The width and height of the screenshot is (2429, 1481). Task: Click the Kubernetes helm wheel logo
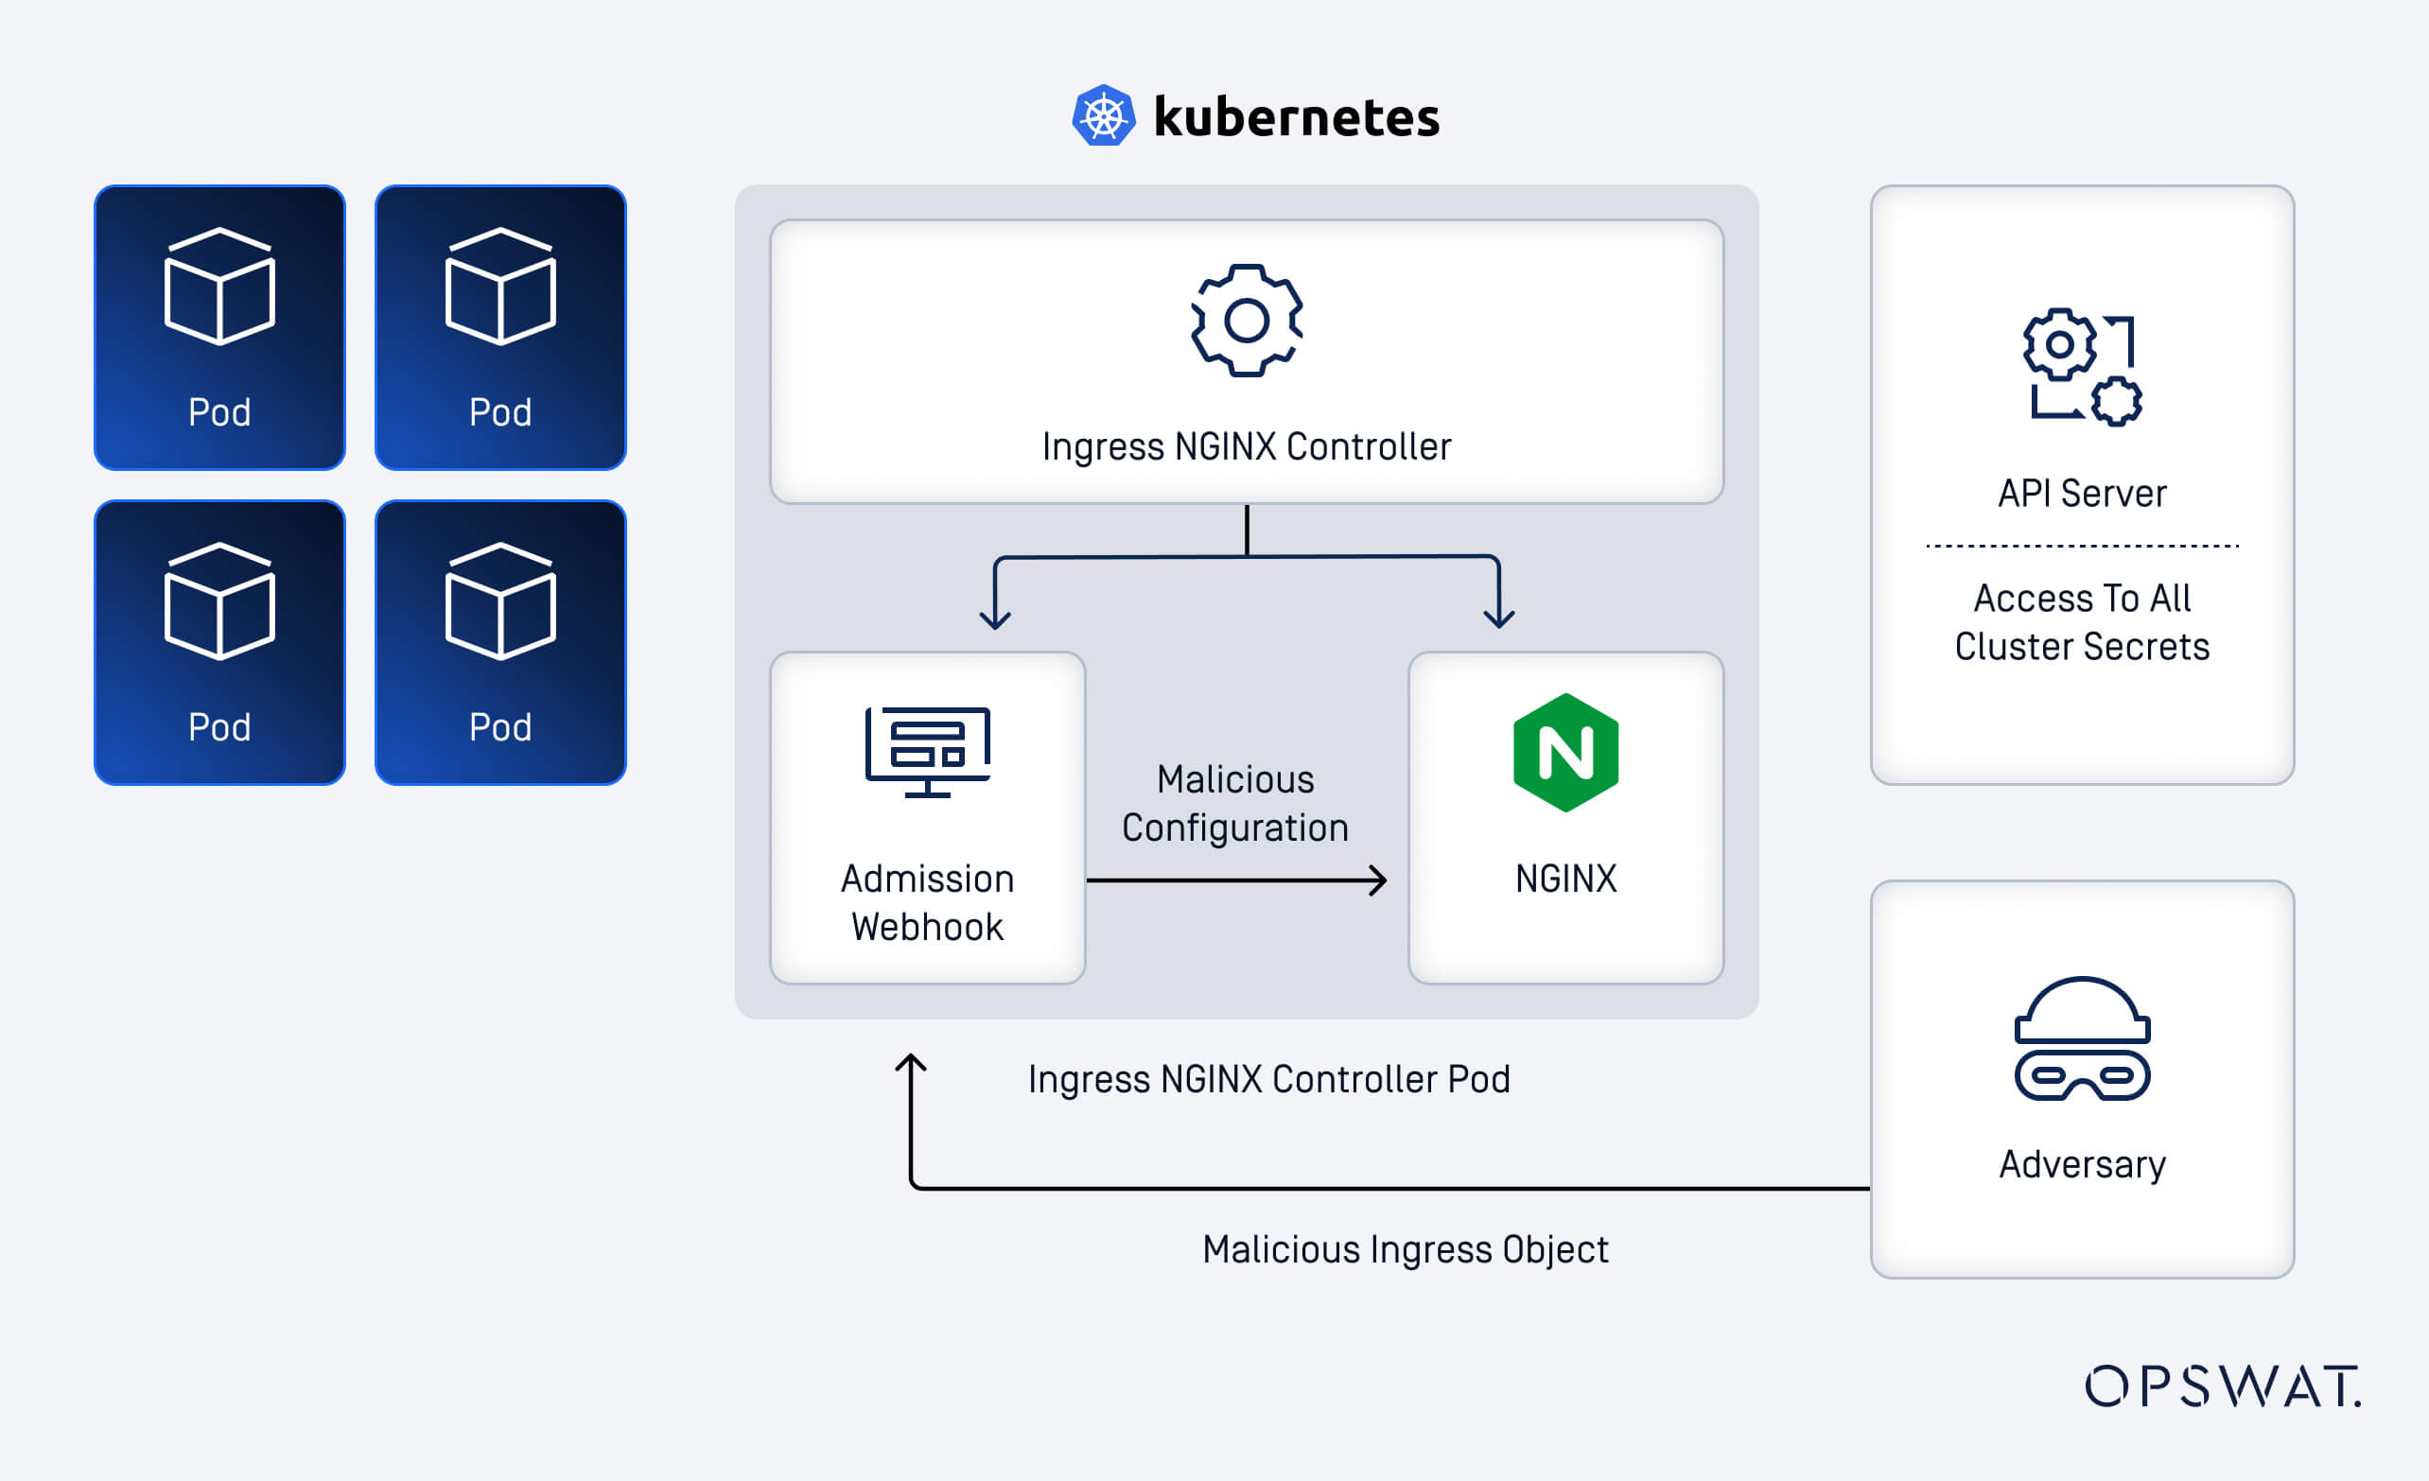(1103, 116)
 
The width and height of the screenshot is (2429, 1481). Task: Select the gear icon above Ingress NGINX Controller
(1246, 321)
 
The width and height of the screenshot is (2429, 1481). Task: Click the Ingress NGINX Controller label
(1246, 446)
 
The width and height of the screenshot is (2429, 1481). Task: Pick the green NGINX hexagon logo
(1565, 753)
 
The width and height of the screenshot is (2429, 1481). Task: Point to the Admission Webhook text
(927, 901)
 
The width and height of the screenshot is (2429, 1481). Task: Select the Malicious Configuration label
(1234, 803)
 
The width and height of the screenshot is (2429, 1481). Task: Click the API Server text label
(2081, 493)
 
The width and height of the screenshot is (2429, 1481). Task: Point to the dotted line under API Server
(2081, 545)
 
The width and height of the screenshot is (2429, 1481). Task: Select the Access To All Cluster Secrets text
(2081, 621)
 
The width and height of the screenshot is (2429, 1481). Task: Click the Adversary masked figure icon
(2081, 1038)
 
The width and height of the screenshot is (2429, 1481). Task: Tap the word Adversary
(2081, 1164)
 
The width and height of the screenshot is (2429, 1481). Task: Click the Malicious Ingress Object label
(1404, 1248)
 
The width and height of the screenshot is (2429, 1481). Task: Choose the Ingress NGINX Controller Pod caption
(1267, 1079)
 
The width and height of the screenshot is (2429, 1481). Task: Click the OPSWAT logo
(2222, 1385)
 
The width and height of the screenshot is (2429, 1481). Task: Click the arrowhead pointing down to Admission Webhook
(995, 619)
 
